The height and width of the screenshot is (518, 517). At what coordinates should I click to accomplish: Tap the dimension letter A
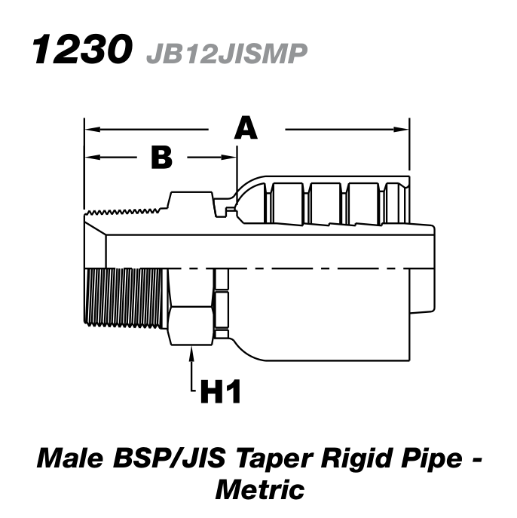click(246, 129)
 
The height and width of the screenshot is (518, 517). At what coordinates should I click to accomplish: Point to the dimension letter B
click(161, 158)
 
